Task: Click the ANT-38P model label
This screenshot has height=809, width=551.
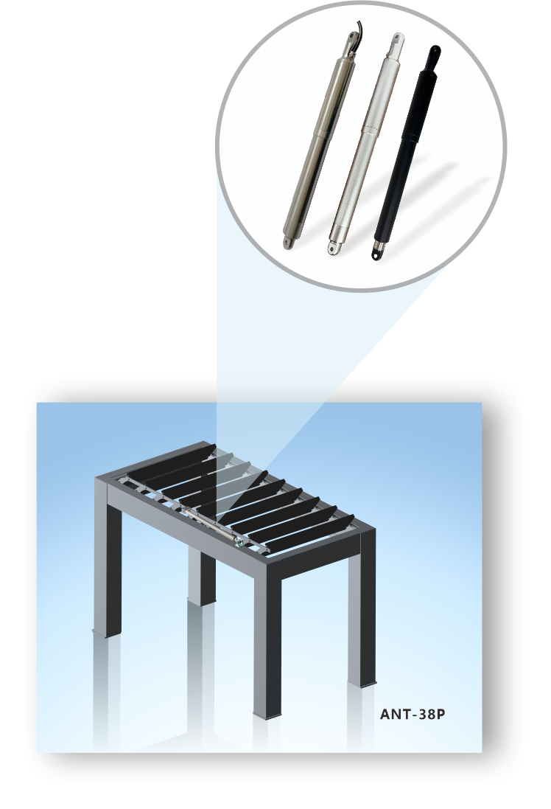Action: [x=412, y=714]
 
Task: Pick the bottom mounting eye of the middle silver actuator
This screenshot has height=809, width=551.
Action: [x=333, y=249]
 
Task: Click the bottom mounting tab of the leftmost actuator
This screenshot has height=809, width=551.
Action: [x=287, y=243]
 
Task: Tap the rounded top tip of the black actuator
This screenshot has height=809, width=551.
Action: [x=435, y=51]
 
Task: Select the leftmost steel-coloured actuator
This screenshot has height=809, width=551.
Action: [x=320, y=139]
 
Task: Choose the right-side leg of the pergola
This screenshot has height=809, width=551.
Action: [x=362, y=619]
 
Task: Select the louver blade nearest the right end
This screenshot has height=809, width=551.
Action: [x=312, y=532]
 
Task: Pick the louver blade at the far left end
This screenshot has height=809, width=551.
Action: [x=172, y=459]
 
